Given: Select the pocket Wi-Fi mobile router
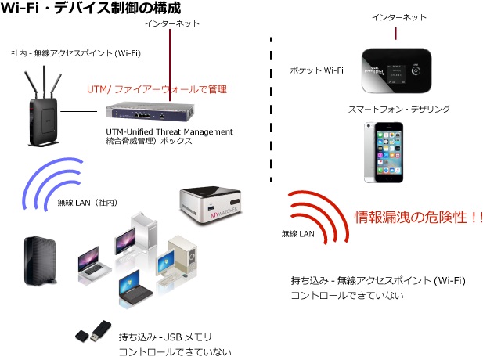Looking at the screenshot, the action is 396,70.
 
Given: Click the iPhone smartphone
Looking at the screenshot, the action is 384,153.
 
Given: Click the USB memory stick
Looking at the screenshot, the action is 93,331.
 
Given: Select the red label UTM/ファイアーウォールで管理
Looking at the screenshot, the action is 157,89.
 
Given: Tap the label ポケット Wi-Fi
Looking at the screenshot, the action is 317,70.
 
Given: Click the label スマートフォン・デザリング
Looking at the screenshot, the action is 399,109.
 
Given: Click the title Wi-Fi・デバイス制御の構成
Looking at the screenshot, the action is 91,8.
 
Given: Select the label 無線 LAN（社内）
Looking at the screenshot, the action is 88,203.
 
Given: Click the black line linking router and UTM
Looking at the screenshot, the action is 79,111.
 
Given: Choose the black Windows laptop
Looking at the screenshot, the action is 135,288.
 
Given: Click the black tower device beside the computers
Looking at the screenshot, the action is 40,261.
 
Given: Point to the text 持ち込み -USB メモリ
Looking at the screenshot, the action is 165,337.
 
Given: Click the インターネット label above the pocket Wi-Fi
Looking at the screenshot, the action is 399,17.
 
